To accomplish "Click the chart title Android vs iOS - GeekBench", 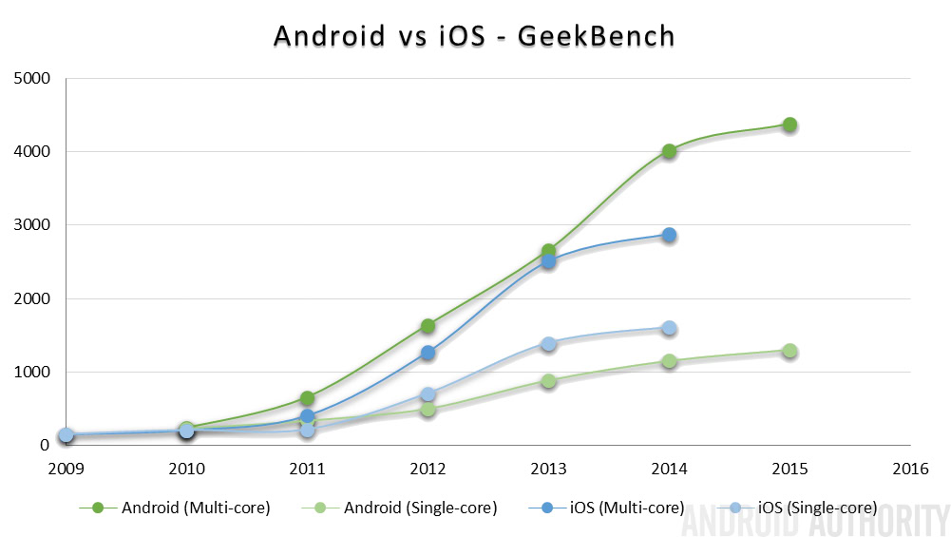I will (x=474, y=35).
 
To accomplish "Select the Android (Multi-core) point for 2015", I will (x=789, y=125).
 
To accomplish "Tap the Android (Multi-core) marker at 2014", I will (x=669, y=151).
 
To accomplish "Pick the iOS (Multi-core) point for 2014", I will (x=669, y=235).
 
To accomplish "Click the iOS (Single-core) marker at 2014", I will (x=669, y=328).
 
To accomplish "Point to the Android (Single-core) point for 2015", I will (x=789, y=351).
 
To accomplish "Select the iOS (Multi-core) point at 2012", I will (x=428, y=353).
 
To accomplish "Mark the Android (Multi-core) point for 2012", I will (x=428, y=326).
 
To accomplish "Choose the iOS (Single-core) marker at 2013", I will (x=548, y=344).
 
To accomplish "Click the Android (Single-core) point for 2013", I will (x=548, y=381).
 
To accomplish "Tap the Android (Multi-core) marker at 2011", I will (x=307, y=398).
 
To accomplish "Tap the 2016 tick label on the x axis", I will (x=910, y=469).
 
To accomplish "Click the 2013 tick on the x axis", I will (x=548, y=469).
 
